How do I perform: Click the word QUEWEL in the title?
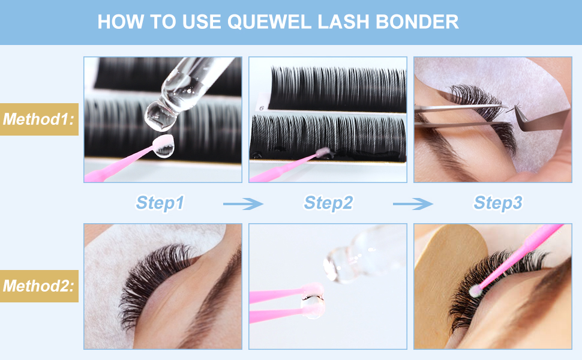tap(269, 22)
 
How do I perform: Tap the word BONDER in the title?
tap(417, 22)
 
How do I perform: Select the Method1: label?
tap(38, 119)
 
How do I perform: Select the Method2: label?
tap(38, 286)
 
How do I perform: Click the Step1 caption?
tap(160, 203)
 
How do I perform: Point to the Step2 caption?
tap(328, 203)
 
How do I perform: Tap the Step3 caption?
tap(498, 203)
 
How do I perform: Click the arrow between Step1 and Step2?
tap(243, 204)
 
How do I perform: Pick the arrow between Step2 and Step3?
tap(413, 204)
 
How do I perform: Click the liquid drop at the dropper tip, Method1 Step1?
tap(160, 117)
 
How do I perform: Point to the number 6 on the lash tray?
tap(262, 108)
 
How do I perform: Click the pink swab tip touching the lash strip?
tap(323, 152)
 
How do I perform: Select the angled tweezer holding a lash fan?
tap(540, 119)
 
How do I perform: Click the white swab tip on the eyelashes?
tap(475, 291)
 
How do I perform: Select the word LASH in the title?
tap(343, 22)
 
